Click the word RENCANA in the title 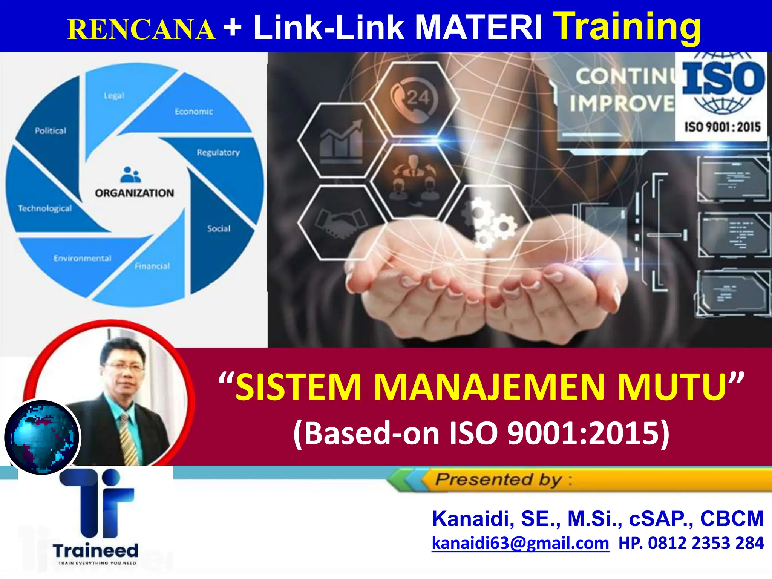click(x=141, y=30)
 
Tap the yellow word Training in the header click(x=629, y=26)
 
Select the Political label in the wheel click(x=51, y=131)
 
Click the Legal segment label click(x=114, y=96)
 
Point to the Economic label click(x=194, y=112)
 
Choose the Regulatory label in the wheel click(x=218, y=152)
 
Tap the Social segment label click(x=219, y=228)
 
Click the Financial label click(x=152, y=266)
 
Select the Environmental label click(x=82, y=258)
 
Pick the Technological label click(x=45, y=208)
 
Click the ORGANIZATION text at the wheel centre click(x=135, y=193)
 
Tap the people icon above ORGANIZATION click(x=130, y=175)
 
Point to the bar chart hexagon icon click(x=341, y=140)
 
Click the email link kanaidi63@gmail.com click(x=520, y=543)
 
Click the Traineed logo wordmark click(x=96, y=551)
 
